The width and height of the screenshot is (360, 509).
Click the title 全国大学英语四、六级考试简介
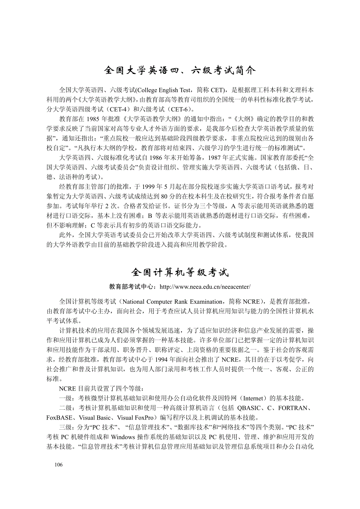tap(180, 70)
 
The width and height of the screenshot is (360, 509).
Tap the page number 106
tap(58, 464)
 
